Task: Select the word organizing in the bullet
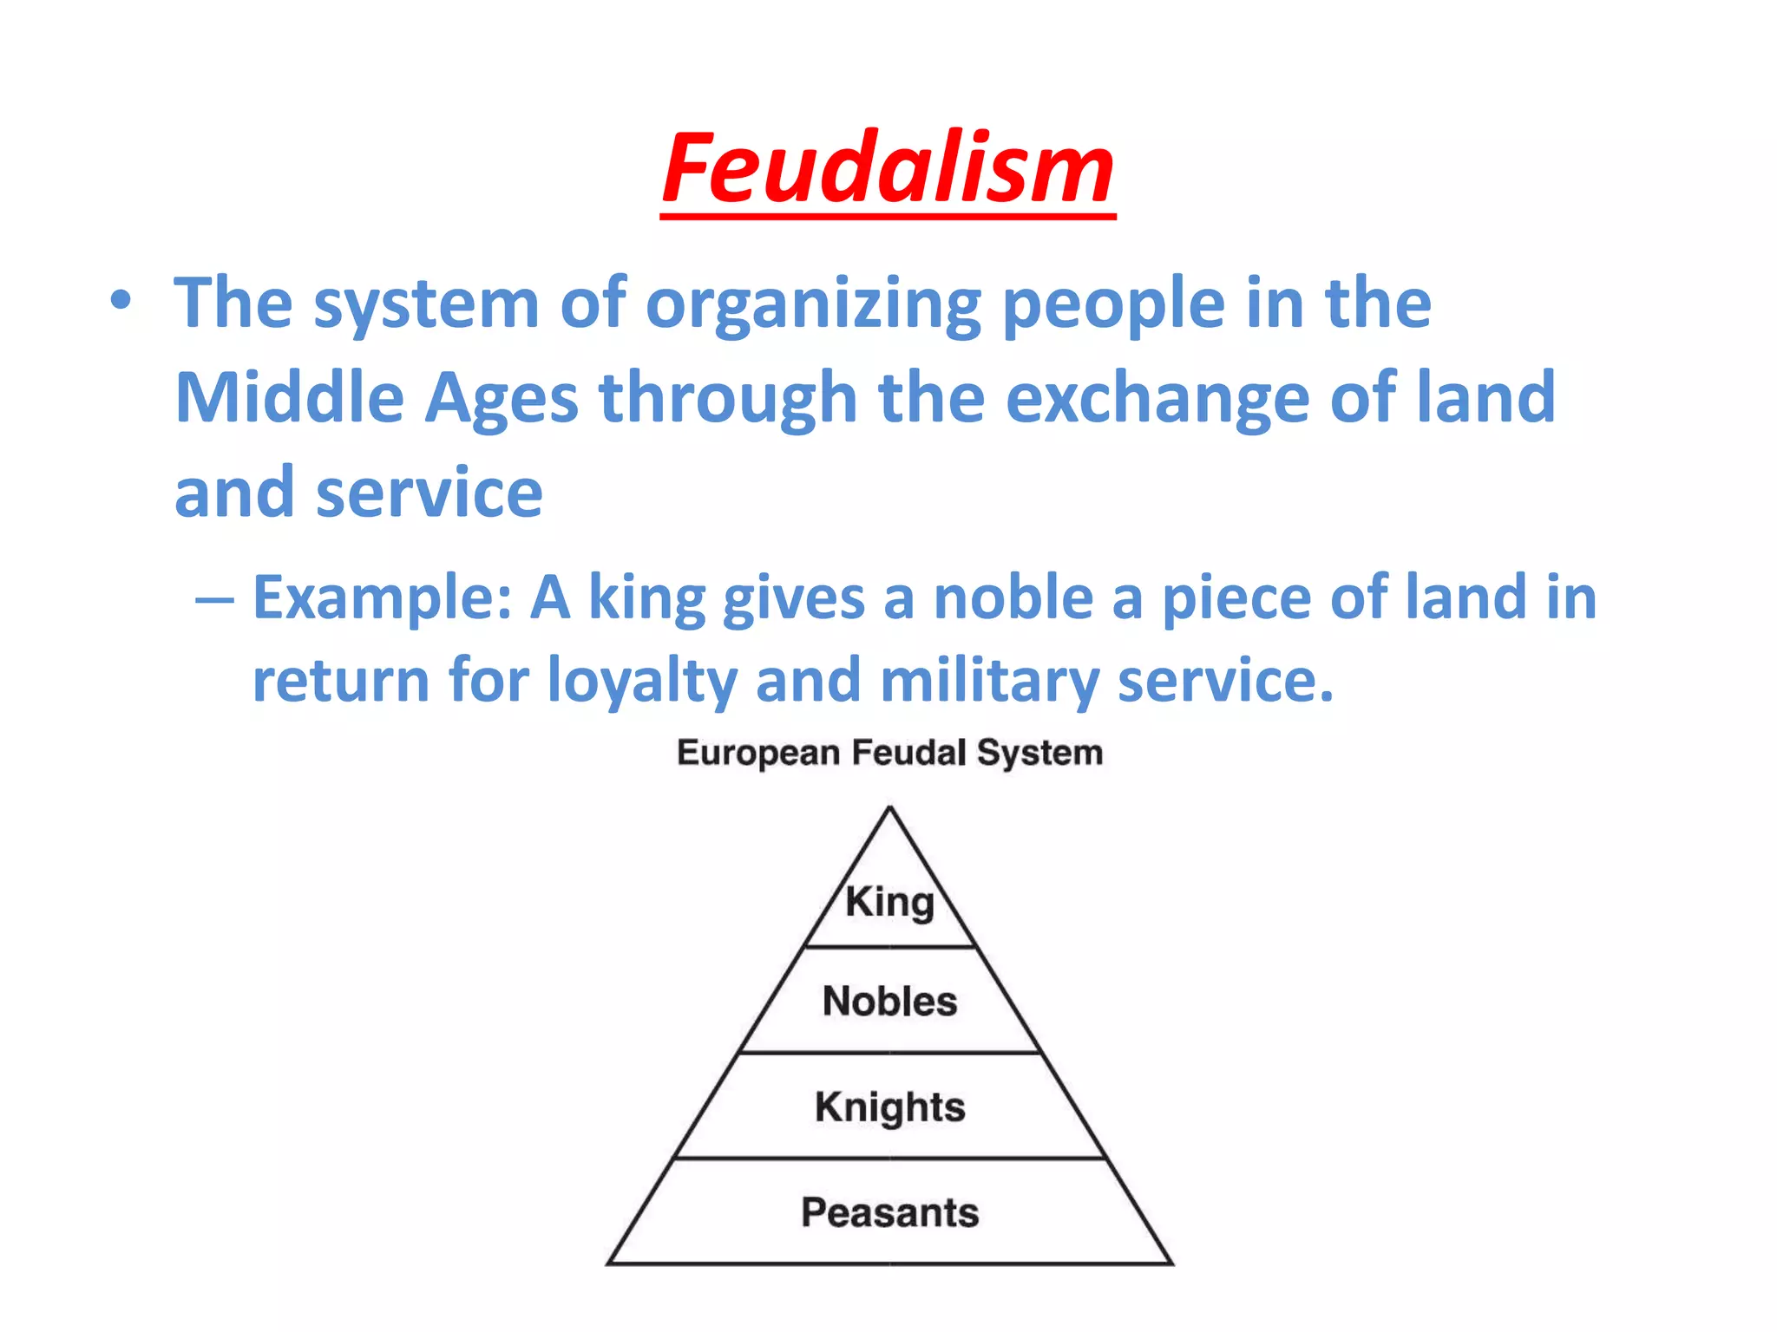(813, 305)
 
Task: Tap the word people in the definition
(1112, 305)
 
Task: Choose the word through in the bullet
(728, 399)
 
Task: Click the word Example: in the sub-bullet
(382, 599)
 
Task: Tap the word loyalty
(642, 682)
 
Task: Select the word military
(989, 682)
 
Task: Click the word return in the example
(340, 681)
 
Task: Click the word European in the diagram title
(757, 754)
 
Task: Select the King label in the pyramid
(889, 903)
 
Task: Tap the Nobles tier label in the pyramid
(889, 1002)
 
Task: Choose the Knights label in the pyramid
(889, 1107)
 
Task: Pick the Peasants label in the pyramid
(889, 1212)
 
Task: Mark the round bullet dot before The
(121, 302)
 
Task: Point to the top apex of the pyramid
(889, 808)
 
